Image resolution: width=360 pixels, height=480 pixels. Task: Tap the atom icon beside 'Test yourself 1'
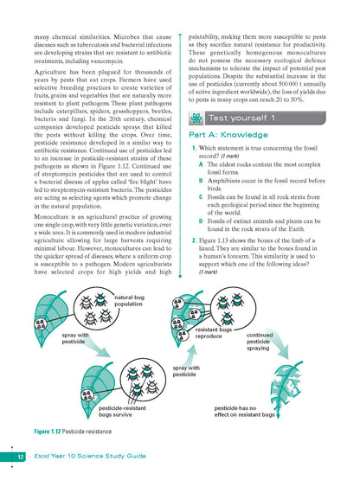(x=198, y=116)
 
